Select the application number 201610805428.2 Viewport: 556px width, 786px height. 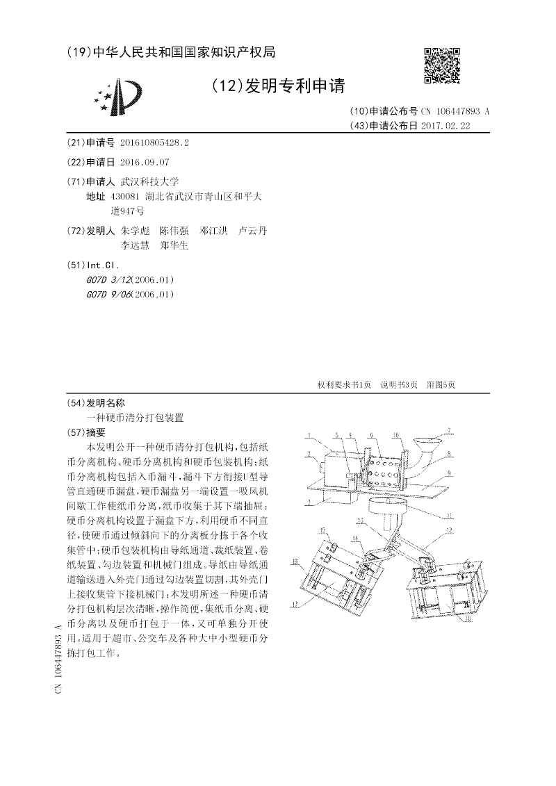click(154, 142)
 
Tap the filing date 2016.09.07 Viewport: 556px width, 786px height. click(145, 162)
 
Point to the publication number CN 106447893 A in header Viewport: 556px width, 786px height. click(455, 111)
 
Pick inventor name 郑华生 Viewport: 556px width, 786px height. click(174, 245)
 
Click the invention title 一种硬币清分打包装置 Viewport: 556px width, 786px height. click(135, 418)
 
